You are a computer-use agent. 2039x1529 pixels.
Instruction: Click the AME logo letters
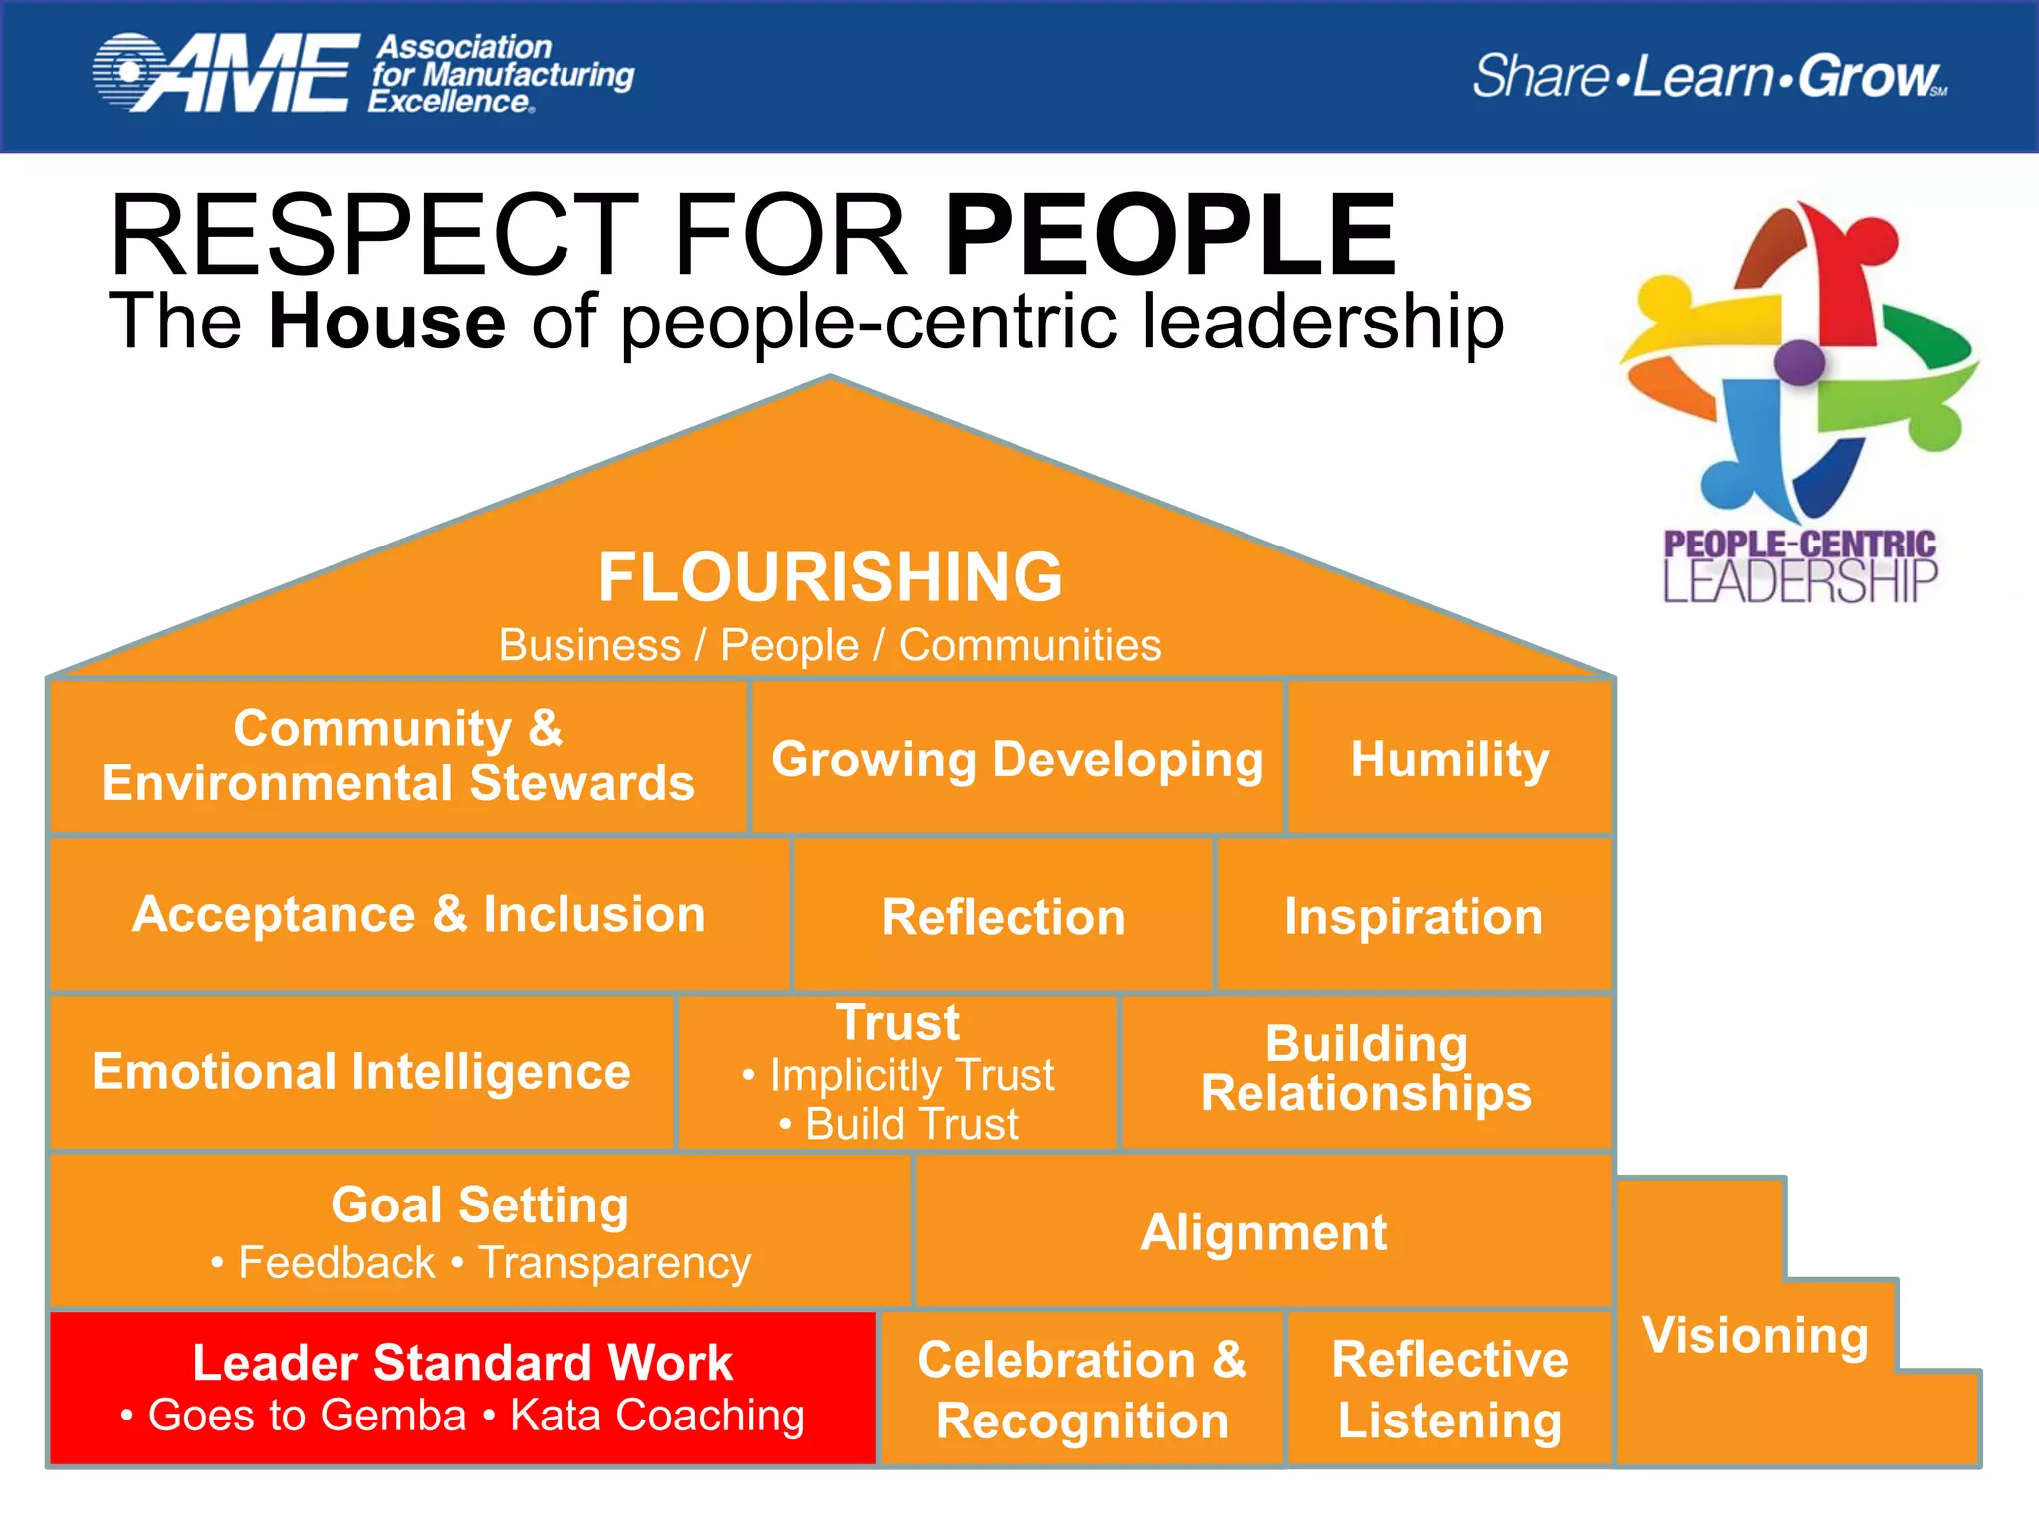point(249,74)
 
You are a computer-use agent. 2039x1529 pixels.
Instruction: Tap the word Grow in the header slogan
point(1868,76)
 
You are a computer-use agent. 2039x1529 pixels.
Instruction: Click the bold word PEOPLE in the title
point(1171,236)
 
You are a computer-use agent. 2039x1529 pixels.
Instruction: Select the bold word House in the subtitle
point(387,322)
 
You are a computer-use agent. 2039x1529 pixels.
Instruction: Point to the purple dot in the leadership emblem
point(1799,361)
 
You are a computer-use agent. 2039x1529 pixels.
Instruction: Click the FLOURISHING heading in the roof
point(830,577)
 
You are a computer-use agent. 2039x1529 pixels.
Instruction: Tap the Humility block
point(1450,759)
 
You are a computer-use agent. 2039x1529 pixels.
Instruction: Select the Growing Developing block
point(1017,759)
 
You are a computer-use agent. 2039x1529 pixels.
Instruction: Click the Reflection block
point(1004,916)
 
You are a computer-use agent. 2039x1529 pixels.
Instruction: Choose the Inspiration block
point(1414,916)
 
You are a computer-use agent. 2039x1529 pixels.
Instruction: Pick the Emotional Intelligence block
point(361,1072)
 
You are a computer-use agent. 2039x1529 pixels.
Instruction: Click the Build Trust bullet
point(911,1124)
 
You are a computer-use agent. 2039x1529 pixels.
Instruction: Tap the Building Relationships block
point(1366,1069)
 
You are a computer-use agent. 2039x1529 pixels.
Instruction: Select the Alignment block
point(1263,1232)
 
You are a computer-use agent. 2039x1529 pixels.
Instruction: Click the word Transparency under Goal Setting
point(614,1263)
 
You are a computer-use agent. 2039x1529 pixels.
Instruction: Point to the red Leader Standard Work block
point(462,1363)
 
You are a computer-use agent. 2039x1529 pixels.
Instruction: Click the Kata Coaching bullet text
point(657,1416)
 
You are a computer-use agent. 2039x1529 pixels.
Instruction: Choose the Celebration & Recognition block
point(1082,1390)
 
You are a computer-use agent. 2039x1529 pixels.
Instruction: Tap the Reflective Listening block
point(1450,1390)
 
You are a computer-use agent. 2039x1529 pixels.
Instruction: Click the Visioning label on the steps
point(1755,1335)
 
